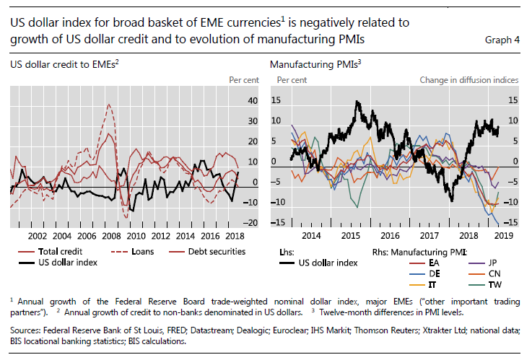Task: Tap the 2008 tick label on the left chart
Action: click(x=110, y=236)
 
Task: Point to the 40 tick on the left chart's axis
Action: click(x=253, y=101)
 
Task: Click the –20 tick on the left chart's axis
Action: click(x=251, y=224)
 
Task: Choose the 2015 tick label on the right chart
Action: click(x=350, y=236)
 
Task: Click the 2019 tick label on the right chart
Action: click(x=503, y=236)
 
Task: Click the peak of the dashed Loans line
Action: click(x=109, y=105)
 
